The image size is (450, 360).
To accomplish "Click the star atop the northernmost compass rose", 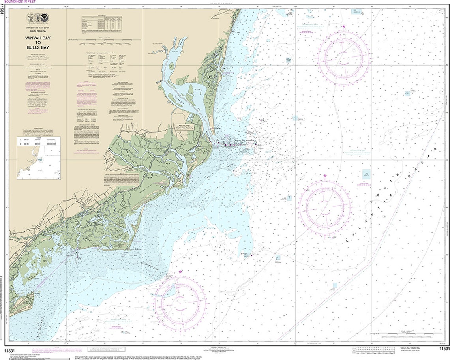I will pos(344,27).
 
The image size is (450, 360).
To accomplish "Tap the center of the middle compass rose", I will pos(324,207).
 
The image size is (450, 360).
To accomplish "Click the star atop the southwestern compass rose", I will pos(180,272).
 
